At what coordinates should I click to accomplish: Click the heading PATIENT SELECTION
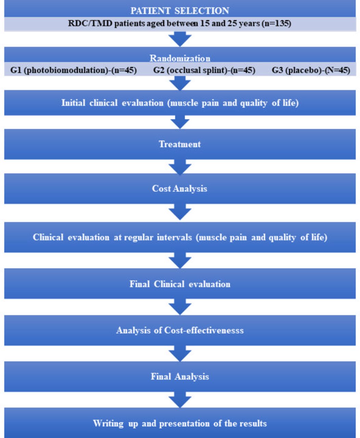[180, 11]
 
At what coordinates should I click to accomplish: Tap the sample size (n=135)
[276, 23]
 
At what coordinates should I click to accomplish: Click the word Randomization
[180, 58]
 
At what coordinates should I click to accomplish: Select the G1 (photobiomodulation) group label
[74, 70]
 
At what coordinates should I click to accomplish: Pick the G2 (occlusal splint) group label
[204, 70]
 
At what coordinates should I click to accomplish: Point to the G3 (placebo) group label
[311, 70]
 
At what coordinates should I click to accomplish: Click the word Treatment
[180, 144]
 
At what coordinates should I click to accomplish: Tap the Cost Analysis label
[179, 189]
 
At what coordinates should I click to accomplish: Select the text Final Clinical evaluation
[180, 284]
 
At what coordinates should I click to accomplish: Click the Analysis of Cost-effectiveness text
[180, 330]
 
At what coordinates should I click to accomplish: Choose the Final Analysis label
[180, 376]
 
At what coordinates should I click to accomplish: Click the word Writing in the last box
[108, 423]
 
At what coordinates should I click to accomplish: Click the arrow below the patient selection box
[180, 39]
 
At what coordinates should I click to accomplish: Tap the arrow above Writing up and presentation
[180, 400]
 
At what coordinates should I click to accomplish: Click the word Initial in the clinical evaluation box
[73, 103]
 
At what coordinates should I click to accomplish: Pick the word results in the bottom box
[253, 423]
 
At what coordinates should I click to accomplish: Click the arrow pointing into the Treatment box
[180, 122]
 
